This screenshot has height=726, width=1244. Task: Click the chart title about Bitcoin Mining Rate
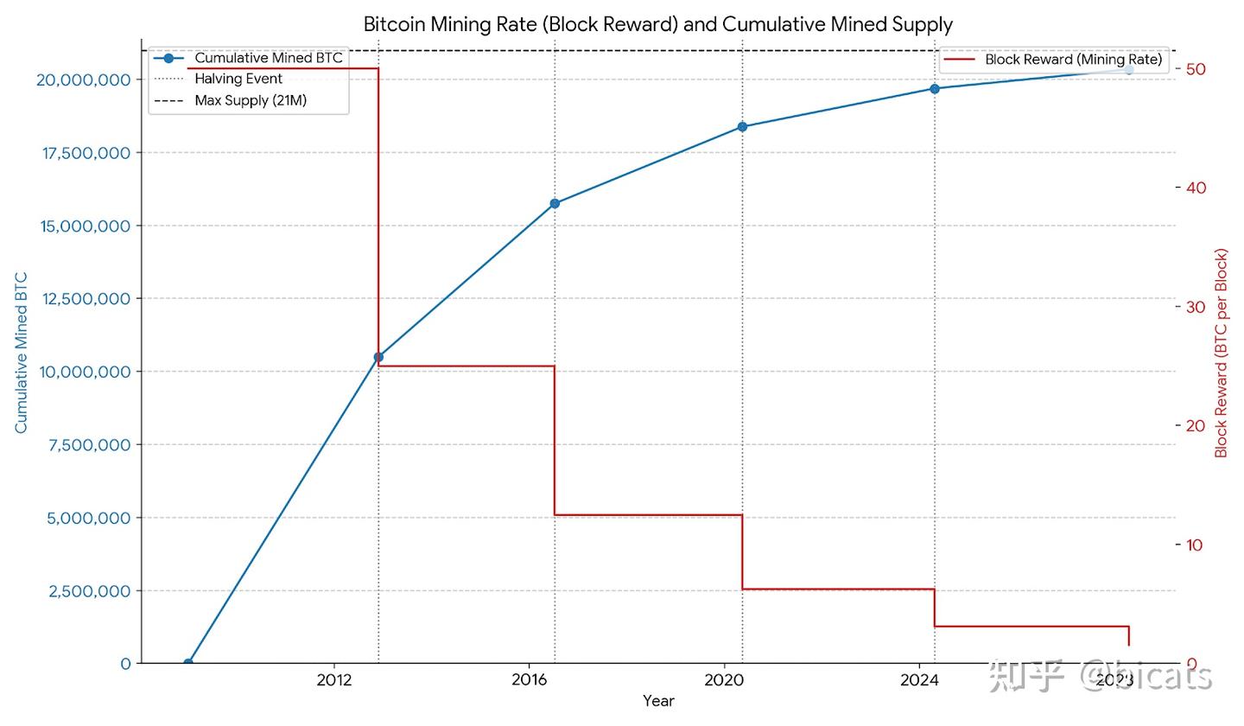[657, 23]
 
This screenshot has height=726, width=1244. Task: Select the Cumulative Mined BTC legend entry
[268, 58]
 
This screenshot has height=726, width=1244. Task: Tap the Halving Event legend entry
[238, 79]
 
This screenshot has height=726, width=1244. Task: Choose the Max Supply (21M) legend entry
[251, 100]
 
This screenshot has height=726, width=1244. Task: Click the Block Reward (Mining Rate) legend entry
[1073, 60]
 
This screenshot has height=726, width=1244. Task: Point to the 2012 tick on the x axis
[333, 680]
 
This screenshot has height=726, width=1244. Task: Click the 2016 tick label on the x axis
[530, 680]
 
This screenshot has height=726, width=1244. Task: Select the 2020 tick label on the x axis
[724, 680]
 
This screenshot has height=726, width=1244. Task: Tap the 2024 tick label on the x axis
[919, 680]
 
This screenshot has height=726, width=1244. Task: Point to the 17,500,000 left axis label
[85, 153]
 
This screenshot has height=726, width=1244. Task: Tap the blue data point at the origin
[188, 663]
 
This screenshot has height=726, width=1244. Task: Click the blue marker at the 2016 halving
[555, 204]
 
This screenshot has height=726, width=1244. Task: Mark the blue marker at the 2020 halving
[742, 127]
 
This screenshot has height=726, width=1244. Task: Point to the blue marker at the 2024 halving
[935, 88]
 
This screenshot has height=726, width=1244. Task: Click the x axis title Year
[658, 701]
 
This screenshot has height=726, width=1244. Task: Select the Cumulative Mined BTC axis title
[22, 353]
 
